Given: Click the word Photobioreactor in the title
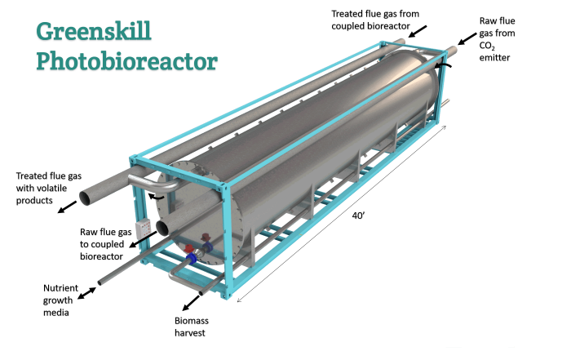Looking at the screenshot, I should (126, 60).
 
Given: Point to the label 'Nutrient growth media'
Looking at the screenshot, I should (66, 299).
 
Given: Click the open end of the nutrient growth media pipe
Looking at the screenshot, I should (101, 283).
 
